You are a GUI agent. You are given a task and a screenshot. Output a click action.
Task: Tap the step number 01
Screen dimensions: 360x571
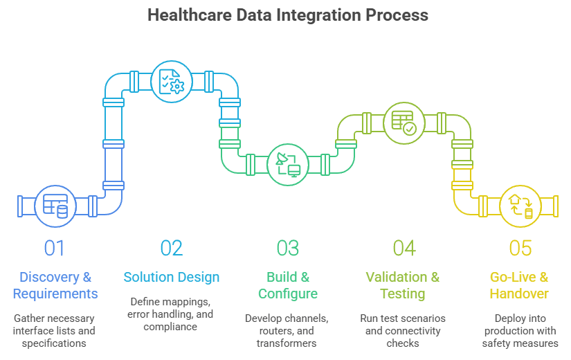[x=55, y=247]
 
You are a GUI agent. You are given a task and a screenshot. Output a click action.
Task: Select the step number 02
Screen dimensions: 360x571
[x=172, y=247]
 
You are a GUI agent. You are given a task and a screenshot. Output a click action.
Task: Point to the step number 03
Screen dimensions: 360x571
[x=288, y=247]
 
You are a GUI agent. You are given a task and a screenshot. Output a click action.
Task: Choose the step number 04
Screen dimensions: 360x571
[x=404, y=247]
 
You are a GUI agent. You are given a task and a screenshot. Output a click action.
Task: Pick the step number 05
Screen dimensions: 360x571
[x=520, y=247]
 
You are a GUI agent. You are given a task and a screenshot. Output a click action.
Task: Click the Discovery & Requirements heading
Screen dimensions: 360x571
[x=55, y=285]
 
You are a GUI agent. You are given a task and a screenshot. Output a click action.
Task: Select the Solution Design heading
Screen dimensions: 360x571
[x=172, y=278]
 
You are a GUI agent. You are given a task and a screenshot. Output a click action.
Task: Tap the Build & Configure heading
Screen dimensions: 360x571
[x=288, y=285]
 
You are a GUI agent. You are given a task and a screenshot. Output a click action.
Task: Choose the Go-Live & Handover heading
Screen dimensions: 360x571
[x=519, y=285]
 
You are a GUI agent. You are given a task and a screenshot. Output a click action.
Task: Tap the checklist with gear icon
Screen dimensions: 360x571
[x=171, y=82]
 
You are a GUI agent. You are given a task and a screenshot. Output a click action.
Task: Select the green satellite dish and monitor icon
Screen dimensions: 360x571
[x=288, y=164]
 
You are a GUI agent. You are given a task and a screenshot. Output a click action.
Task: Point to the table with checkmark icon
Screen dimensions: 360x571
[x=404, y=123]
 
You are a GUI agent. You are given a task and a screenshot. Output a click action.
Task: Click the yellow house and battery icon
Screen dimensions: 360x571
[x=520, y=206]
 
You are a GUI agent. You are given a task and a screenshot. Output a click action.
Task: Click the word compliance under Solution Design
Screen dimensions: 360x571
[x=172, y=325]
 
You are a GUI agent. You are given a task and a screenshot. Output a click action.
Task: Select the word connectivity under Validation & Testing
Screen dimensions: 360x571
[x=417, y=331]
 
